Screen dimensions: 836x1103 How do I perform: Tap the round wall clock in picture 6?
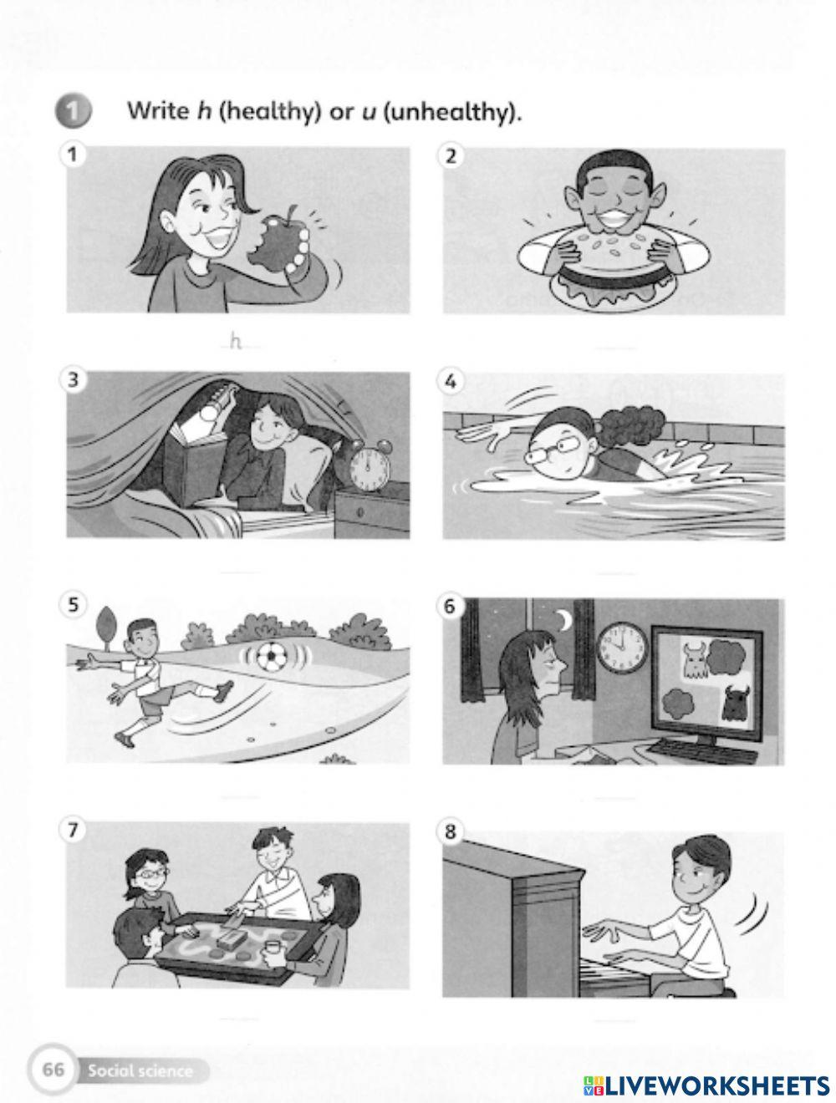coord(622,648)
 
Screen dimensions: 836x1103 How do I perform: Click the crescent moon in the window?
coord(565,621)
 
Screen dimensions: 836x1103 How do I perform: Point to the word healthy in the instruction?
coord(269,110)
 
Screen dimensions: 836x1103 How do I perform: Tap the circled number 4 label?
coord(450,381)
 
